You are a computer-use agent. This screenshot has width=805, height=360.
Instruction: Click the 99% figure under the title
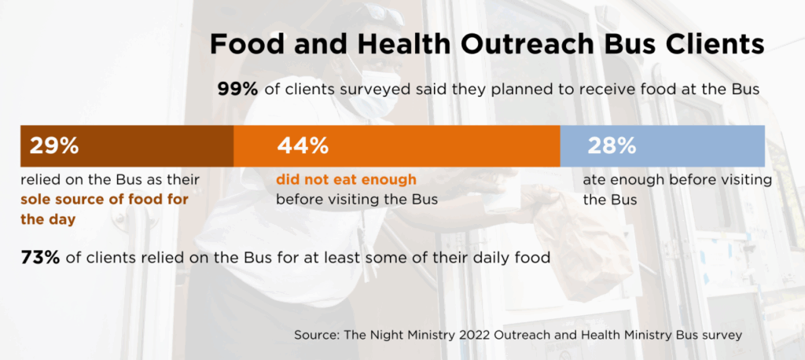(x=237, y=90)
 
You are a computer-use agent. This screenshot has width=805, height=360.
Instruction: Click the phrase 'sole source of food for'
(x=105, y=200)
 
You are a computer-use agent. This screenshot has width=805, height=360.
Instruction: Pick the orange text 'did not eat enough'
(x=346, y=180)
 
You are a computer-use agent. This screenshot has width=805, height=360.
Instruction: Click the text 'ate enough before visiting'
(x=677, y=180)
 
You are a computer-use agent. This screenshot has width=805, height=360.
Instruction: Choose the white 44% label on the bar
(x=303, y=145)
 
